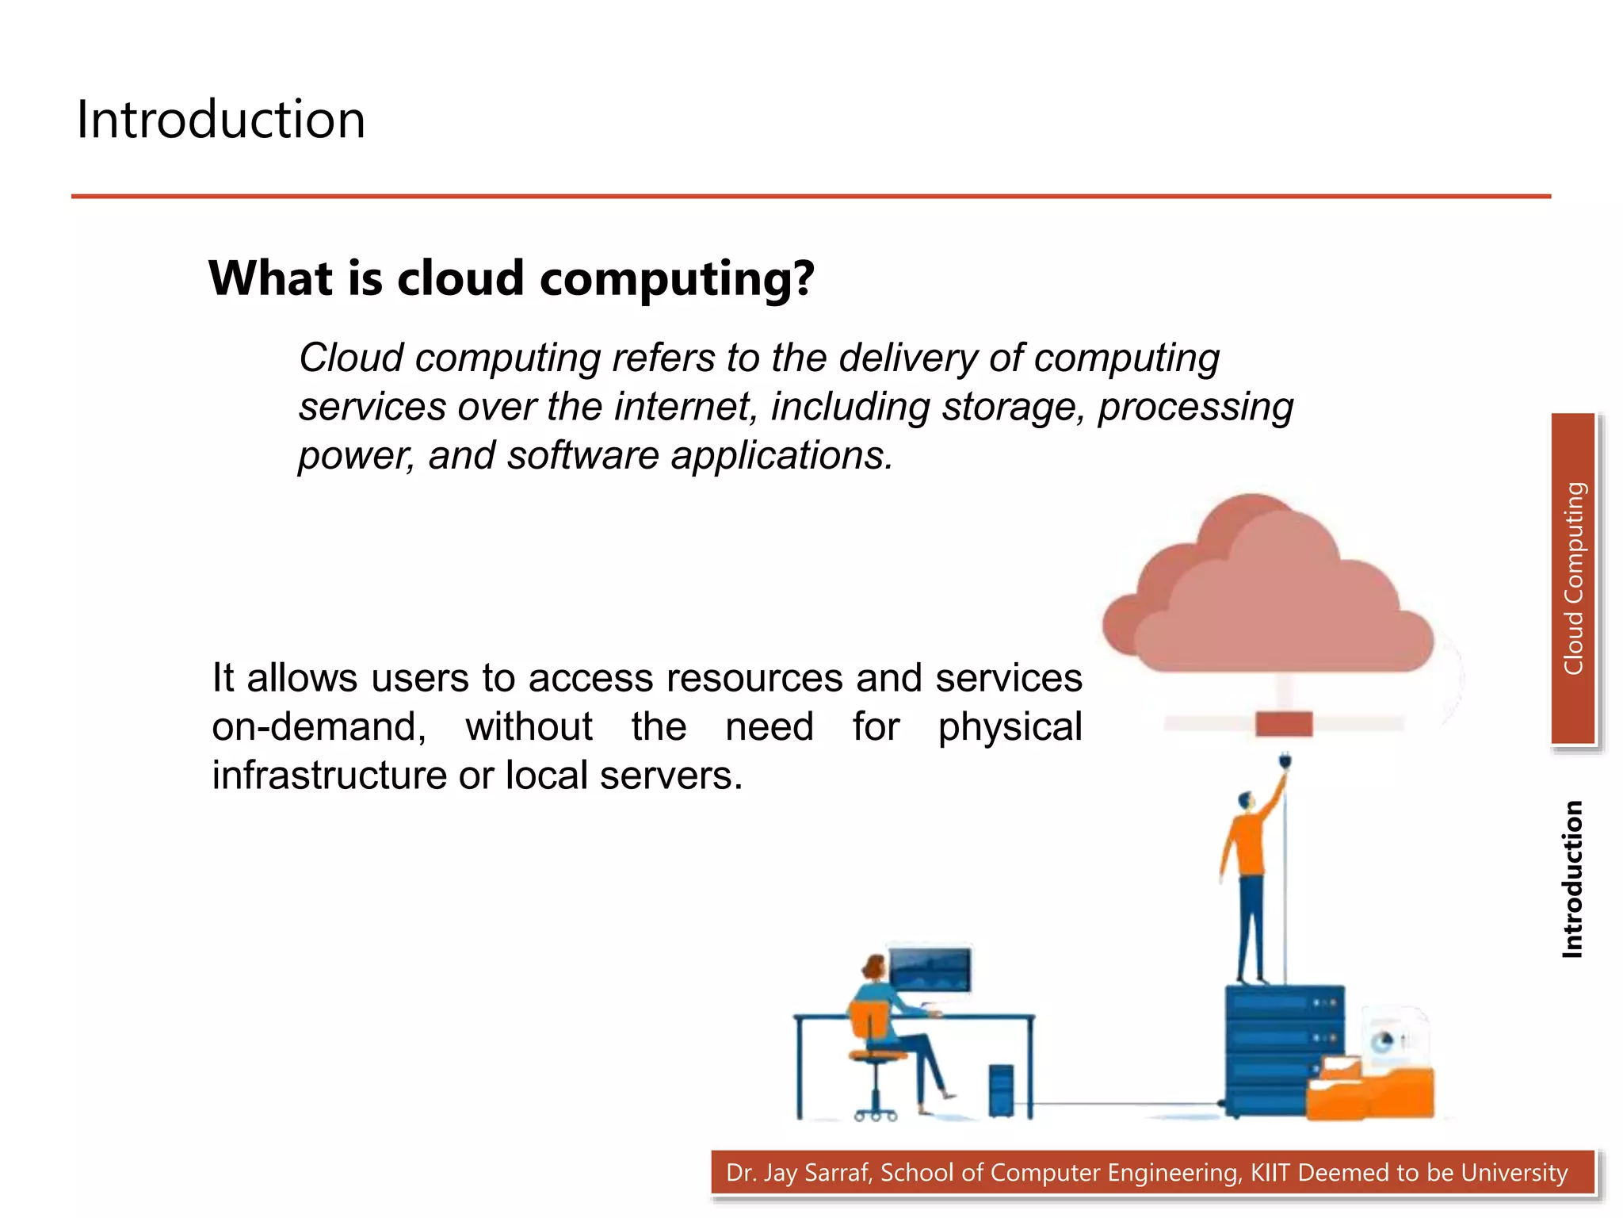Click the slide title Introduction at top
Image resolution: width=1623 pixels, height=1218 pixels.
pyautogui.click(x=220, y=120)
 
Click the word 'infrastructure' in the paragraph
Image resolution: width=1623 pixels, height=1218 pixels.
pyautogui.click(x=328, y=776)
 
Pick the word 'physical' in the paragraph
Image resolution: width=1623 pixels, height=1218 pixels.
pyautogui.click(x=1010, y=727)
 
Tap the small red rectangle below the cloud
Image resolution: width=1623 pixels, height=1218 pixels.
pyautogui.click(x=1284, y=724)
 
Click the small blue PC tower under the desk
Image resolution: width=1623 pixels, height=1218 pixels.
pyautogui.click(x=1001, y=1090)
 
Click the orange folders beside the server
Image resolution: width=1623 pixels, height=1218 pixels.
pyautogui.click(x=1371, y=1090)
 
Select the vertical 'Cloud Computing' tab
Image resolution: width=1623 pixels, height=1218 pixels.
pyautogui.click(x=1573, y=579)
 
